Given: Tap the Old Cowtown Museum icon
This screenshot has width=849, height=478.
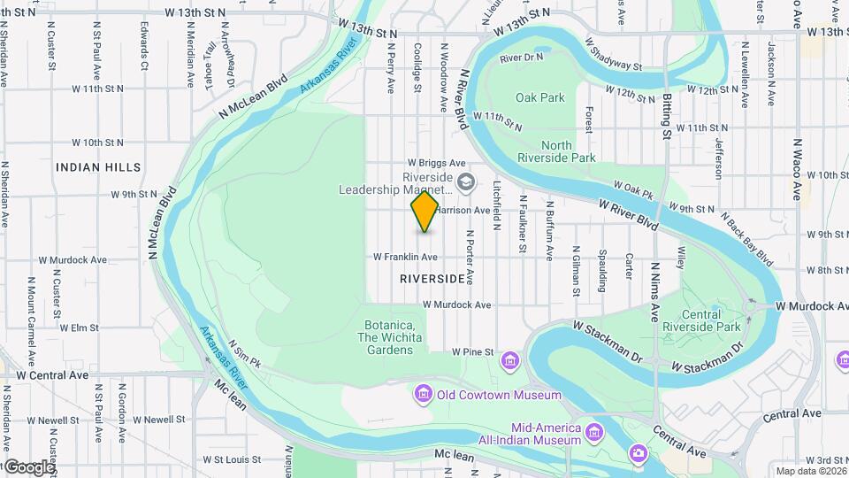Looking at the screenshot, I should tap(423, 393).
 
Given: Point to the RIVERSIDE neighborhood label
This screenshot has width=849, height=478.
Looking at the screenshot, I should tap(432, 278).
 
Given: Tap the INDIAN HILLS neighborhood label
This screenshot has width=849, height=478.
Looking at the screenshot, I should tap(97, 167).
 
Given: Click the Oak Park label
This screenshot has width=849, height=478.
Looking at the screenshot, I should tap(539, 97).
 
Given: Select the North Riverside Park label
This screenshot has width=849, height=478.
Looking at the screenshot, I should tap(569, 151).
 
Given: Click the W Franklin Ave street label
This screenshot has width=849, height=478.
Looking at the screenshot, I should tap(405, 257).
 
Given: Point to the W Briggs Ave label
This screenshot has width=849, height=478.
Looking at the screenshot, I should tap(436, 163).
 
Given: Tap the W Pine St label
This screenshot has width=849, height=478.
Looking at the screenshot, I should tap(472, 352).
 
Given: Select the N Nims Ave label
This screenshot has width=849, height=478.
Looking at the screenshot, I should tap(655, 290).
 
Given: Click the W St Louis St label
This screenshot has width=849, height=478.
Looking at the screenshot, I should tap(232, 459).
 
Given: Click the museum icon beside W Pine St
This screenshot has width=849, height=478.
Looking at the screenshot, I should tap(509, 360).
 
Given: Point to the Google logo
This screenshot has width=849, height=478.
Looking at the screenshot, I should tap(28, 466).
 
